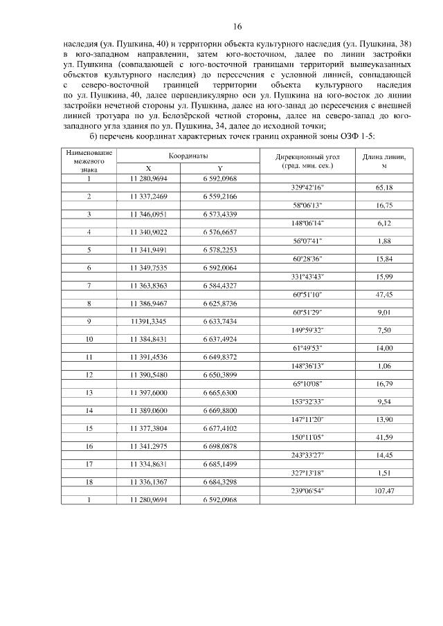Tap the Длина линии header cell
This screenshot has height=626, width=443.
click(x=384, y=161)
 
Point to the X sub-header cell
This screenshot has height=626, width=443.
click(x=148, y=168)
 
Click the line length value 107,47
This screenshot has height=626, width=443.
click(x=384, y=491)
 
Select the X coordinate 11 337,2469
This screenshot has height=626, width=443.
click(x=148, y=196)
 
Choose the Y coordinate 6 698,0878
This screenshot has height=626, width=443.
click(x=219, y=446)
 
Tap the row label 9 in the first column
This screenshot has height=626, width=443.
click(x=89, y=321)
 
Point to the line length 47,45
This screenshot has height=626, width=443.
click(x=384, y=295)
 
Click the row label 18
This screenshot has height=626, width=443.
click(x=89, y=482)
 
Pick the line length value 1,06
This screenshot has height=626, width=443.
click(x=384, y=366)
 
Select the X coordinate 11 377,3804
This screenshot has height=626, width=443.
click(x=148, y=428)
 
